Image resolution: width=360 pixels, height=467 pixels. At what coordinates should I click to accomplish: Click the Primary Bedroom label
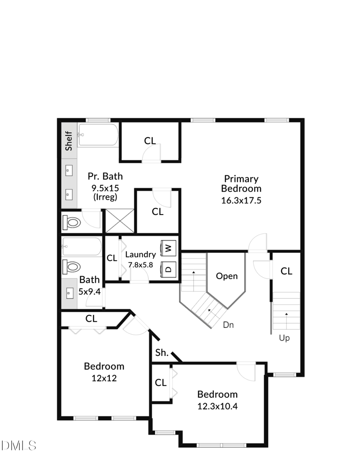241,184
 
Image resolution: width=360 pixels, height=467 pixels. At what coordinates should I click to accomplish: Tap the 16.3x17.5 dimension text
241,201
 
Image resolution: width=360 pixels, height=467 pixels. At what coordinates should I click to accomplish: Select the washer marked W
168,247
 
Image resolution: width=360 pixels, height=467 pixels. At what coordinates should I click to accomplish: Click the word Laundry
140,255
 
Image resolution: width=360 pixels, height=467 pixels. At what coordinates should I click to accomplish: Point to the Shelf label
69,141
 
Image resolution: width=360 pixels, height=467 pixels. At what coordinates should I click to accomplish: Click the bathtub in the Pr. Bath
98,135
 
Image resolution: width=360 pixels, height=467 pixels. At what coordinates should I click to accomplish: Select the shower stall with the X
120,221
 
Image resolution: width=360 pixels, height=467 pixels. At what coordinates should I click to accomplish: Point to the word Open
226,276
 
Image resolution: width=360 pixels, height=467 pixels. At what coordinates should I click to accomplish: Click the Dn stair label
229,324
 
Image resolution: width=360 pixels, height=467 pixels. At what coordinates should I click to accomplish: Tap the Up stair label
284,338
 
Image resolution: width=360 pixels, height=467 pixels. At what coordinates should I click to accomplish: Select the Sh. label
162,353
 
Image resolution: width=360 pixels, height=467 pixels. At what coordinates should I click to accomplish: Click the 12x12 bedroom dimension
104,378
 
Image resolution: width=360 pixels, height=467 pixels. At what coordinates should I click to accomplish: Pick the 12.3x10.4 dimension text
217,406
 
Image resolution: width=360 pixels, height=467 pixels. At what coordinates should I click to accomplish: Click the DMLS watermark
18,445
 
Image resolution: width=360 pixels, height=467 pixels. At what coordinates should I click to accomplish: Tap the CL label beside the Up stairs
287,271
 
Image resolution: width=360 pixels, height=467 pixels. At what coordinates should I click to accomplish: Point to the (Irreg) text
105,197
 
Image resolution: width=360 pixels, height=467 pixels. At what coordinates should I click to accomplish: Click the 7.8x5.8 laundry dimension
140,265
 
